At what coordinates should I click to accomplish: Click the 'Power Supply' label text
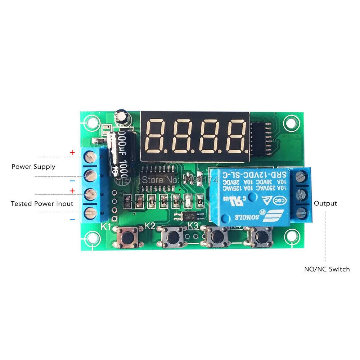(x=33, y=167)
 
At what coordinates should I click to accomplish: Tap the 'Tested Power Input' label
(x=42, y=203)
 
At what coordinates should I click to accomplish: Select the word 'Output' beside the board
(x=325, y=203)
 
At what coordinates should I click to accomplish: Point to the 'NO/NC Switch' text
(x=327, y=269)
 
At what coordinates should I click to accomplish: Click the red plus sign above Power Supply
(x=72, y=153)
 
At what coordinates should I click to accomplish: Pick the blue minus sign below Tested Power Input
(x=72, y=219)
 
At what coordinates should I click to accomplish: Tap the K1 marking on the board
(x=105, y=226)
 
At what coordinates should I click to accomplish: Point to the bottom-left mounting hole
(x=92, y=238)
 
